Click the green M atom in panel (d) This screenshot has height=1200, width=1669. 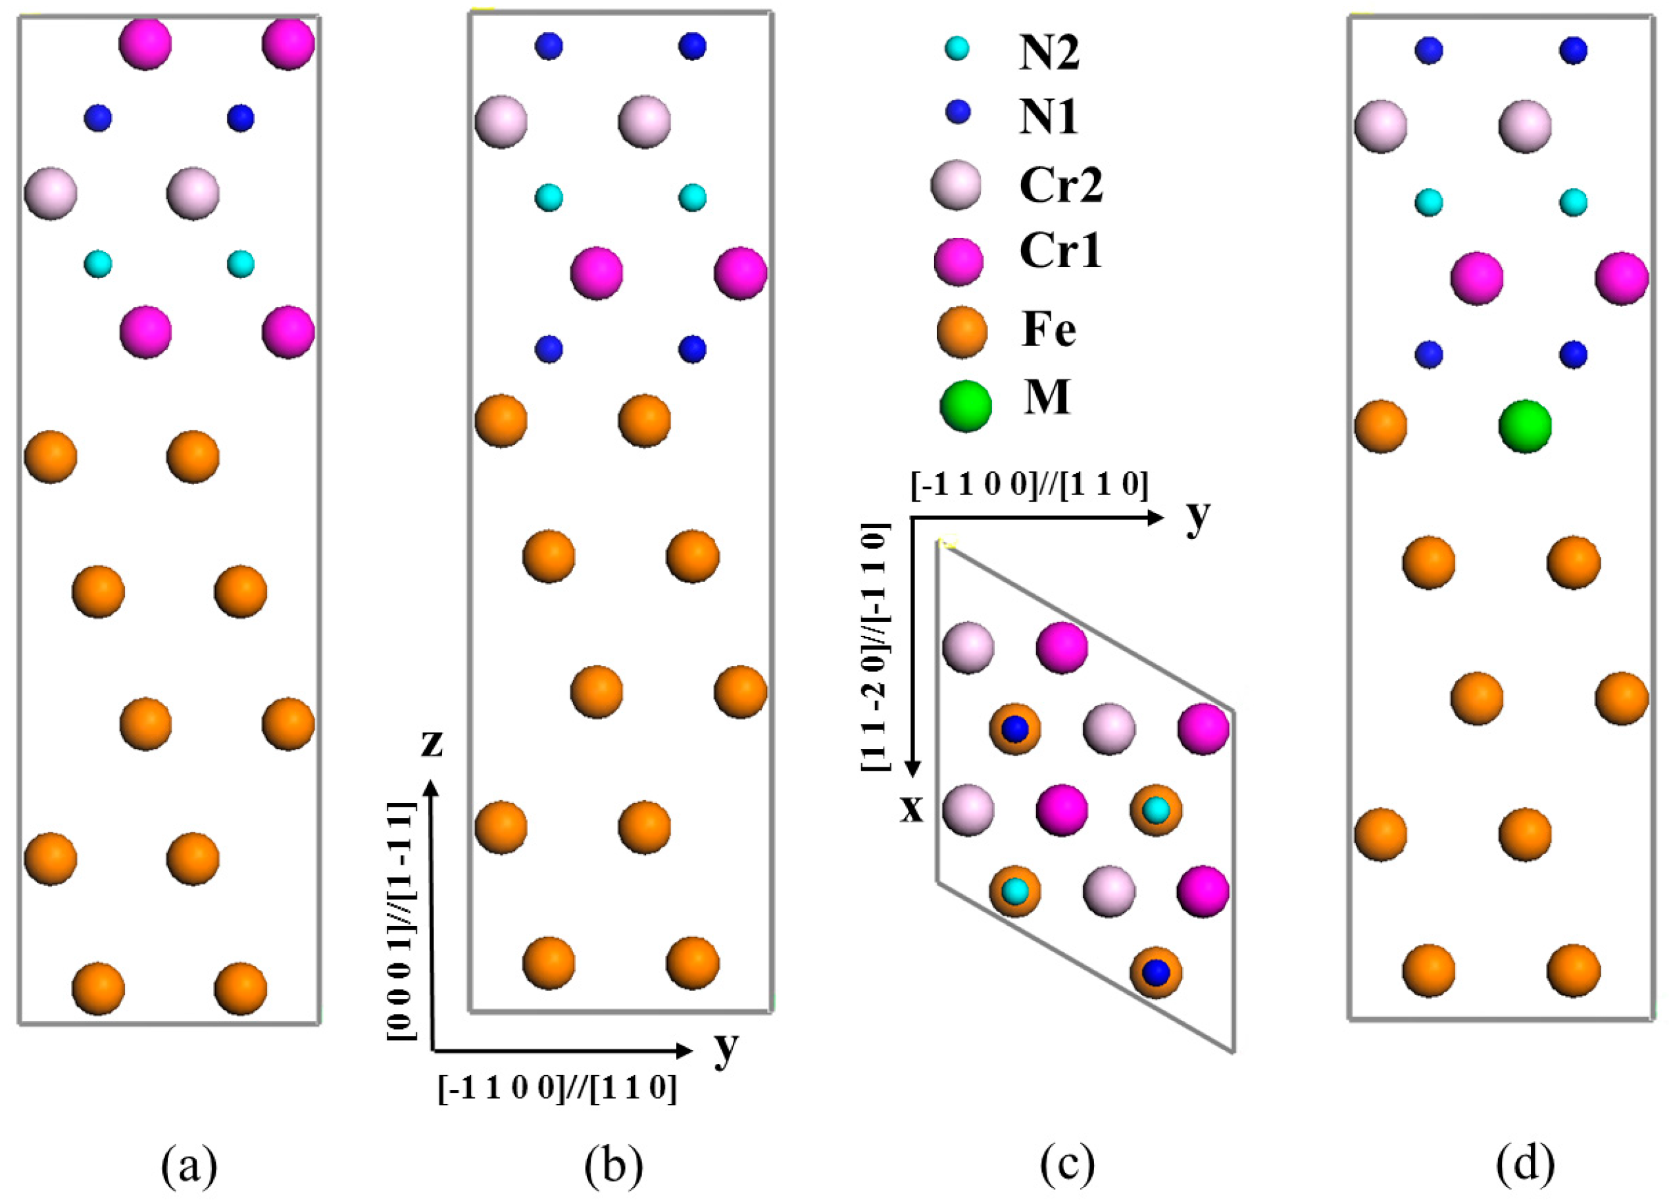coord(1525,426)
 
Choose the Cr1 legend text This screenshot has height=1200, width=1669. coord(1060,251)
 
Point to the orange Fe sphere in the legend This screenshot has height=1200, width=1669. coord(962,333)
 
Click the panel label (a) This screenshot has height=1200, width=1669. coord(189,1164)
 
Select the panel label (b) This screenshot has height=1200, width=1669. coord(613,1164)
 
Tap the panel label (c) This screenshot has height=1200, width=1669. coord(1068,1164)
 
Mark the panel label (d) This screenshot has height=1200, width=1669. coord(1525,1164)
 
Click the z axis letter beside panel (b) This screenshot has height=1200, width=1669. coord(432,744)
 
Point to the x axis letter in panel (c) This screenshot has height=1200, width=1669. coord(912,809)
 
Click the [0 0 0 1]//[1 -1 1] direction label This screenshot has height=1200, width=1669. coord(402,920)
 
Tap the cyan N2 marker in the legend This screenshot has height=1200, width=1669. coord(957,49)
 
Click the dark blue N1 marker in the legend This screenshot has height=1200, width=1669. coord(957,112)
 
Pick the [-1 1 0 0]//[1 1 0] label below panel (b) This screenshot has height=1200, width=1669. coord(557,1088)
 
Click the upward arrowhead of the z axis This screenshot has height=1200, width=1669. coord(432,789)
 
